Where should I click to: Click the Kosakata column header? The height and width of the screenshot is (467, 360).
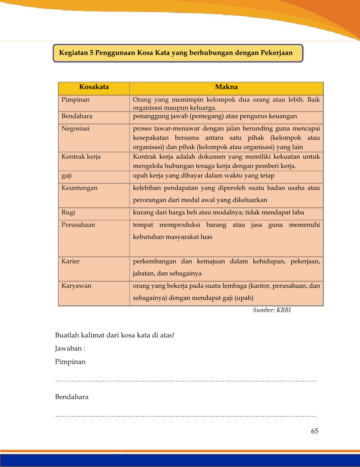94,87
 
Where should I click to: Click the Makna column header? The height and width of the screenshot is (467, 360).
226,87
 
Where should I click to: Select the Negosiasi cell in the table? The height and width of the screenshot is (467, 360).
75,129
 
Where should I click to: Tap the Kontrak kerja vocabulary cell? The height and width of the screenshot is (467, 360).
81,157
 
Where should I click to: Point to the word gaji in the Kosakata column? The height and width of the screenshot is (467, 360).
67,176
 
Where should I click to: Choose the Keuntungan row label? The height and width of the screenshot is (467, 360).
79,188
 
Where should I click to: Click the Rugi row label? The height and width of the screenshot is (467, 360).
68,212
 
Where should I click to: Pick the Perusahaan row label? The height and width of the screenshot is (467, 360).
78,225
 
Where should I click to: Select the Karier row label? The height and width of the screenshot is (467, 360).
70,262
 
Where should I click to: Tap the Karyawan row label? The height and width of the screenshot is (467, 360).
76,286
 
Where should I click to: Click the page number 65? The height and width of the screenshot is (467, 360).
314,431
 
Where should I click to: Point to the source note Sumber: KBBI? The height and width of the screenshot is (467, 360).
272,310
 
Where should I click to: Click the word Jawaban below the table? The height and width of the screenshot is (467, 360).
68,348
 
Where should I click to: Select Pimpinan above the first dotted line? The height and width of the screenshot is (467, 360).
70,362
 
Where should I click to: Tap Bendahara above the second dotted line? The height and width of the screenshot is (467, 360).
72,397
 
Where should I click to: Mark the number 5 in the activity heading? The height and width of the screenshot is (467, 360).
91,53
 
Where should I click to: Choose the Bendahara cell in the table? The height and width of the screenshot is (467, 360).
77,116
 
